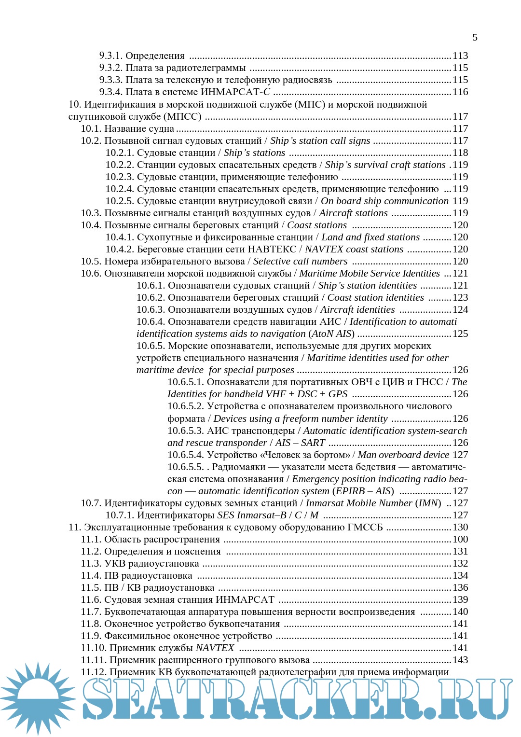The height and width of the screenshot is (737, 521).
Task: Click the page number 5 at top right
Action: (x=475, y=37)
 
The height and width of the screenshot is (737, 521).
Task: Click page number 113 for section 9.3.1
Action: (x=460, y=56)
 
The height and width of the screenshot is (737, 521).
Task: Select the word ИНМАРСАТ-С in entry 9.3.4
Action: (x=235, y=92)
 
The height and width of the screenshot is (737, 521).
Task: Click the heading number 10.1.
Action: (x=91, y=128)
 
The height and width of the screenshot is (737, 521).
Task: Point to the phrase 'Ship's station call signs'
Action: (x=320, y=140)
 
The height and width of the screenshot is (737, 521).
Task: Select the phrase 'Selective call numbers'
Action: (x=300, y=261)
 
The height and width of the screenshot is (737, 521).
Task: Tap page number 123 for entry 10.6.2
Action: (x=460, y=297)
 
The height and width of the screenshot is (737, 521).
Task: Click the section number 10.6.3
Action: (x=151, y=309)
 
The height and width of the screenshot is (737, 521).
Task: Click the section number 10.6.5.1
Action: (x=185, y=382)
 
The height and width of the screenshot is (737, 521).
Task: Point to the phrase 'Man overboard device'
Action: (x=403, y=455)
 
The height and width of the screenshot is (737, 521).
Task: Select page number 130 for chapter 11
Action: (x=460, y=527)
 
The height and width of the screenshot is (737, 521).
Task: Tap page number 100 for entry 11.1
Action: (x=460, y=539)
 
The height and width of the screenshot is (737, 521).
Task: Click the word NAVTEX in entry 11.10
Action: (x=215, y=648)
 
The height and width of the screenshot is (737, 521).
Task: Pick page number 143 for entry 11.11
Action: (x=460, y=660)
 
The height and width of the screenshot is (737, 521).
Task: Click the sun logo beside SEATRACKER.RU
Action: (x=38, y=698)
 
